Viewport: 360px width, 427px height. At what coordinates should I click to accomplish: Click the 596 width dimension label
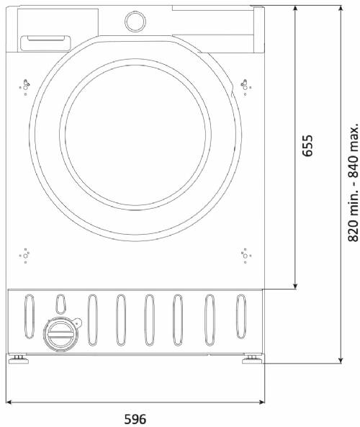(135, 419)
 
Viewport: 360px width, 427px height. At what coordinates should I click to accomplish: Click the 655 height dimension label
(307, 145)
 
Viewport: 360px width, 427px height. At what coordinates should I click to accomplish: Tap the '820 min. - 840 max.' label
(354, 180)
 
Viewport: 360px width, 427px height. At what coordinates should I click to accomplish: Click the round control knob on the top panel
(135, 21)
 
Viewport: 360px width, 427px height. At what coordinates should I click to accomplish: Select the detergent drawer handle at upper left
(46, 43)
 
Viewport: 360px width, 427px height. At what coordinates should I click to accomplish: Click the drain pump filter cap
(60, 334)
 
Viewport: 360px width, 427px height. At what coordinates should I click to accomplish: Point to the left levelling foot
(19, 359)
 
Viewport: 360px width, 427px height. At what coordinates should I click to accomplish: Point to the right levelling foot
(253, 359)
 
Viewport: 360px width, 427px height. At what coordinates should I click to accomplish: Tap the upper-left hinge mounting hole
(25, 87)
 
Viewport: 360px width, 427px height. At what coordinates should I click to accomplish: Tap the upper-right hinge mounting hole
(245, 87)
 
